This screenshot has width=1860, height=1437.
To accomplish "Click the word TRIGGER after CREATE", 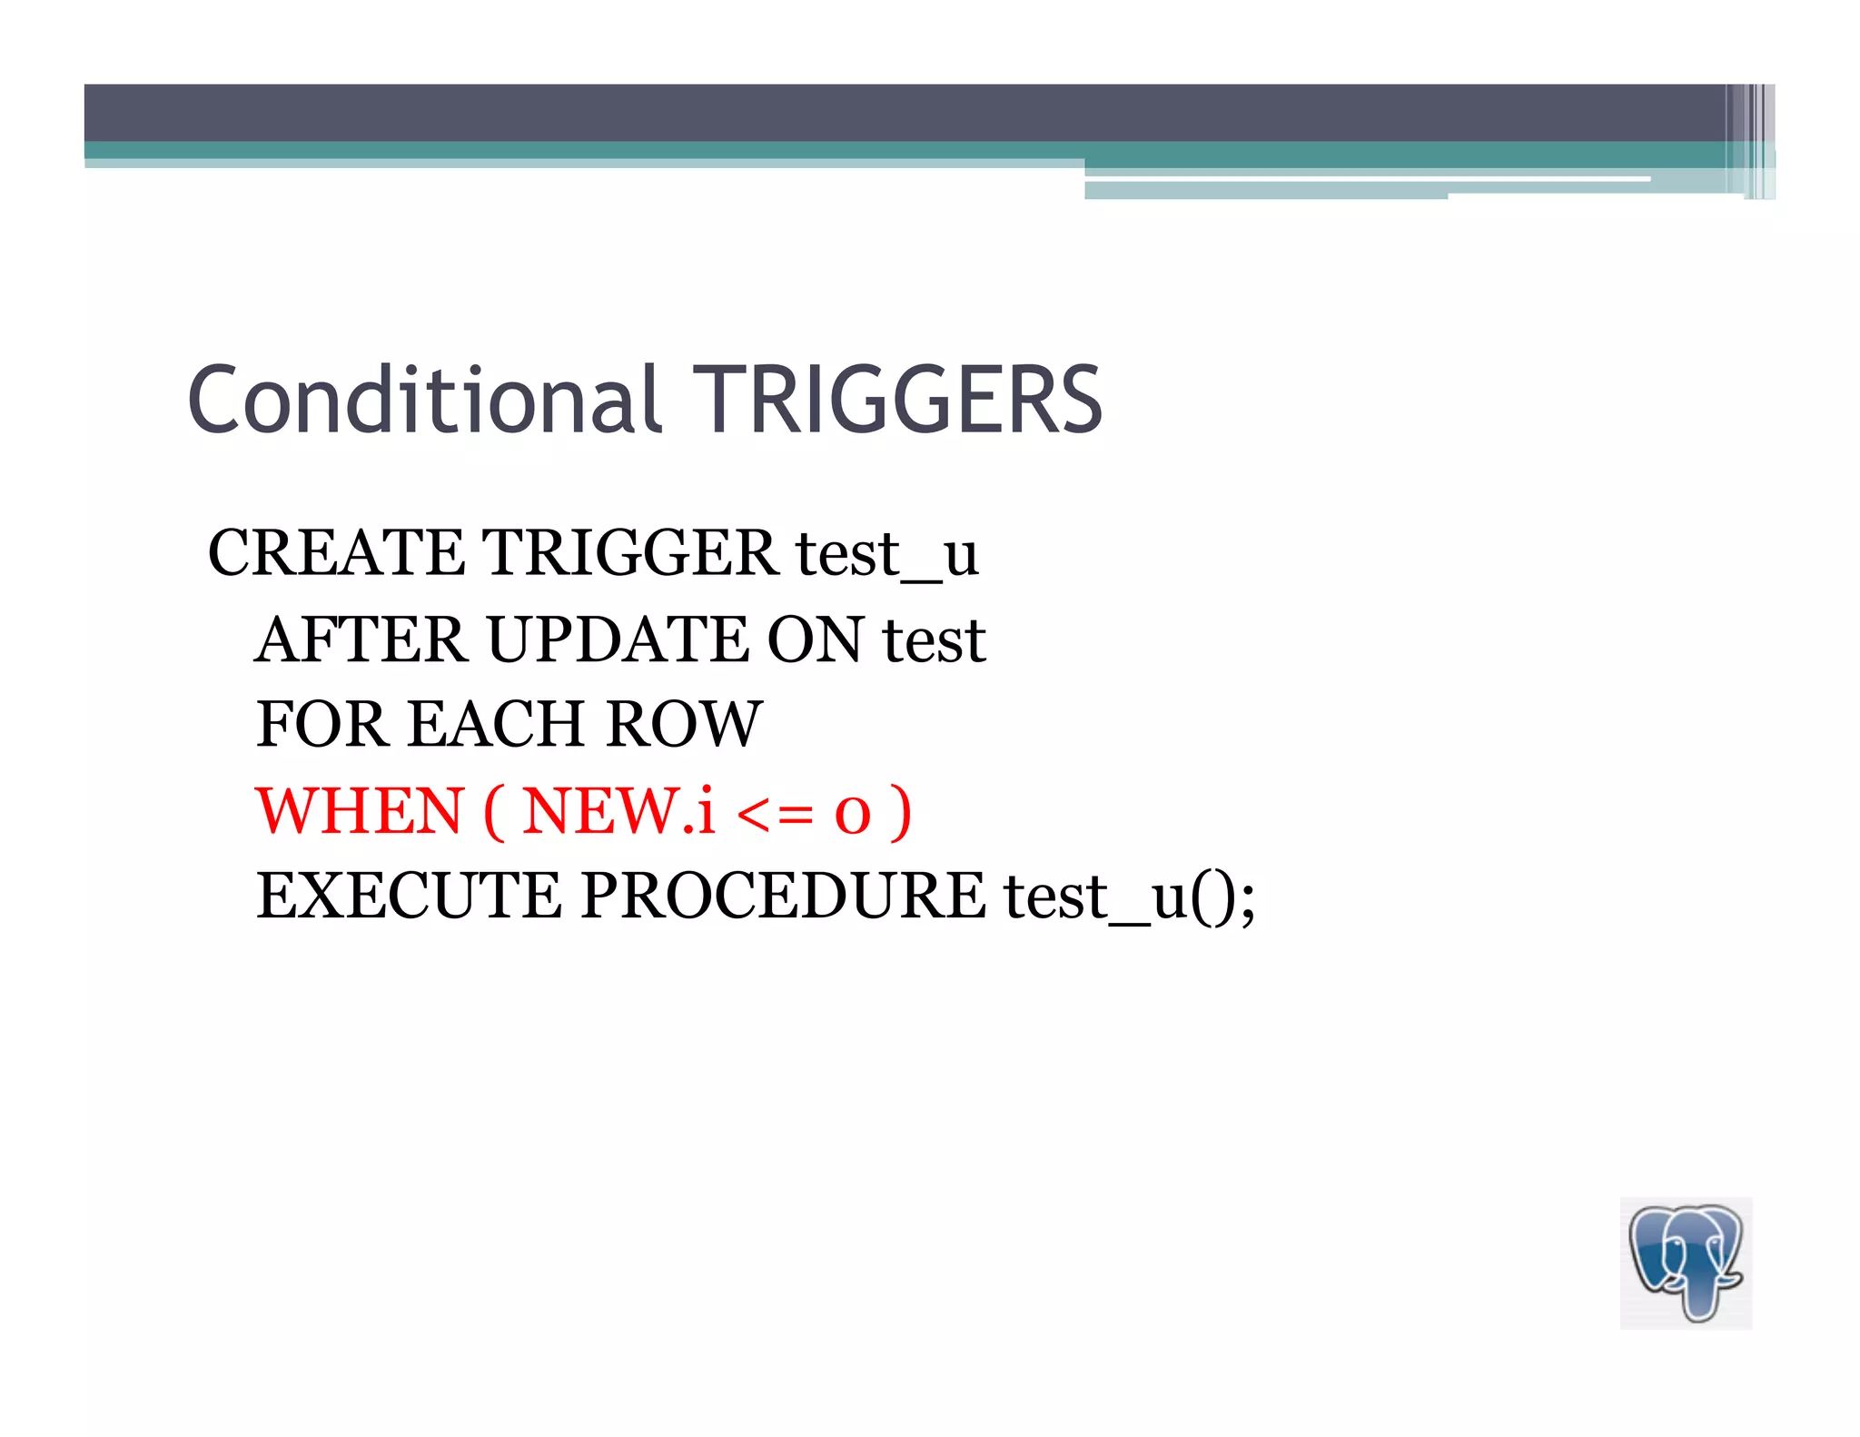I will [629, 553].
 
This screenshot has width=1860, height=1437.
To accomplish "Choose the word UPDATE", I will [618, 639].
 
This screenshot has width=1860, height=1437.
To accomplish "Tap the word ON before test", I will [815, 639].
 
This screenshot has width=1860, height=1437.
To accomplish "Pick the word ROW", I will [684, 725].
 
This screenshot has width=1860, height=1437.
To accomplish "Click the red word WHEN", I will [361, 810].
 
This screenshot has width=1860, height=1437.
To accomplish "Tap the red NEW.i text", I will [618, 810].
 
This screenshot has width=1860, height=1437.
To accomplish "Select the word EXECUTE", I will [409, 897].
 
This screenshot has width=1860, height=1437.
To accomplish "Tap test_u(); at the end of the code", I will [1129, 897].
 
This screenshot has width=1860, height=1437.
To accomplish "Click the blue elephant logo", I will [1686, 1263].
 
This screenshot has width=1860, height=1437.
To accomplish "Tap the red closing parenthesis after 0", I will [900, 812].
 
